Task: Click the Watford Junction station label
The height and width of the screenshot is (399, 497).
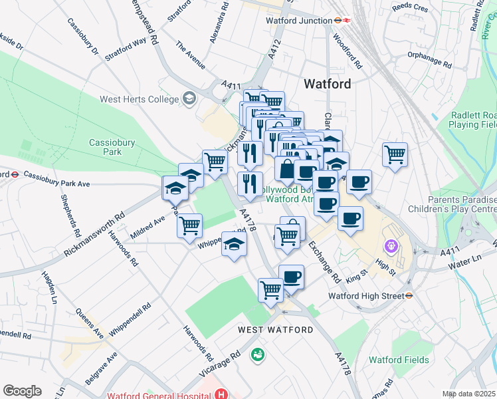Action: pos(298,21)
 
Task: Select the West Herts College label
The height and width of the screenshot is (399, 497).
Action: pos(139,99)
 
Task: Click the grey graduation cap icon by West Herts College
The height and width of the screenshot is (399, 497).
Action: pos(189,99)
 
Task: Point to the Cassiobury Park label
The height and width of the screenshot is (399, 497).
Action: pos(106,147)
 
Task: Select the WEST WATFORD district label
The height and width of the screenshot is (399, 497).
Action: pos(276,330)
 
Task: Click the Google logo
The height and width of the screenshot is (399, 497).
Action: pos(22,390)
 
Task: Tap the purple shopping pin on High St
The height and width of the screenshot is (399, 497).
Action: pos(391,247)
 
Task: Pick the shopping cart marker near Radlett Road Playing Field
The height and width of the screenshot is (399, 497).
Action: pos(395,155)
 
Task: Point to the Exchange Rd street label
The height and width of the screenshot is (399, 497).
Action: pos(324,260)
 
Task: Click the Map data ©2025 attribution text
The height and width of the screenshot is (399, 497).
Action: pos(469,394)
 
